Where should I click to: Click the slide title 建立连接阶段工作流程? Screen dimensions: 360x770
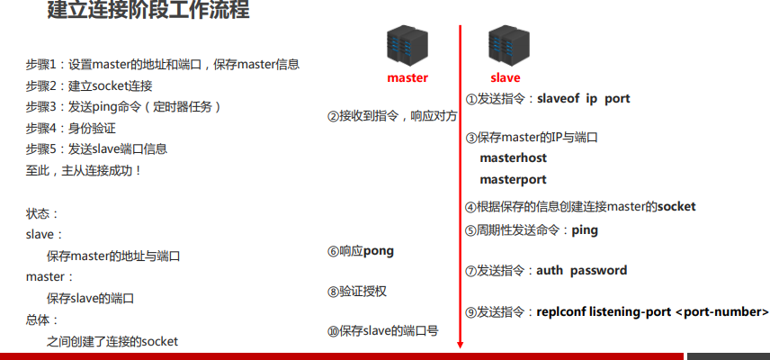pyautogui.click(x=148, y=12)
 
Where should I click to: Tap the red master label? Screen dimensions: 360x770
pyautogui.click(x=407, y=78)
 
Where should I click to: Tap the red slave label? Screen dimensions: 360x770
pyautogui.click(x=505, y=78)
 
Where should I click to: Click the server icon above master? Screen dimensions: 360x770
pyautogui.click(x=404, y=46)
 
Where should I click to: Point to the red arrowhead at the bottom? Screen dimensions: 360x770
pyautogui.click(x=460, y=342)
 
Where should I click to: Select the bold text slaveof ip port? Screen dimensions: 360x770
pyautogui.click(x=584, y=99)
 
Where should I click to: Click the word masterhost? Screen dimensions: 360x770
pyautogui.click(x=513, y=158)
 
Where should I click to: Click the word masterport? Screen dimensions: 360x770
pyautogui.click(x=513, y=179)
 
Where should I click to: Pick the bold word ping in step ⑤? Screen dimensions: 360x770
pyautogui.click(x=585, y=229)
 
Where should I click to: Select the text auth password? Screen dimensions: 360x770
pyautogui.click(x=582, y=270)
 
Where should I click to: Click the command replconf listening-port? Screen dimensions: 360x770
pyautogui.click(x=604, y=311)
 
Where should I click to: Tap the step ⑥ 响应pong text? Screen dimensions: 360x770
pyautogui.click(x=361, y=250)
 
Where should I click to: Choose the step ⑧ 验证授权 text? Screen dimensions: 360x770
pyautogui.click(x=357, y=292)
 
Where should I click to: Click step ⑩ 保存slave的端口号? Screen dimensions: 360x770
pyautogui.click(x=382, y=331)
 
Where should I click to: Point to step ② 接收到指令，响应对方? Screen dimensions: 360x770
pyautogui.click(x=392, y=116)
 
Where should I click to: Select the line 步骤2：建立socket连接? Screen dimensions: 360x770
pyautogui.click(x=89, y=85)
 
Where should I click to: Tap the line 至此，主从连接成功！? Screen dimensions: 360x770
pyautogui.click(x=85, y=170)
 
